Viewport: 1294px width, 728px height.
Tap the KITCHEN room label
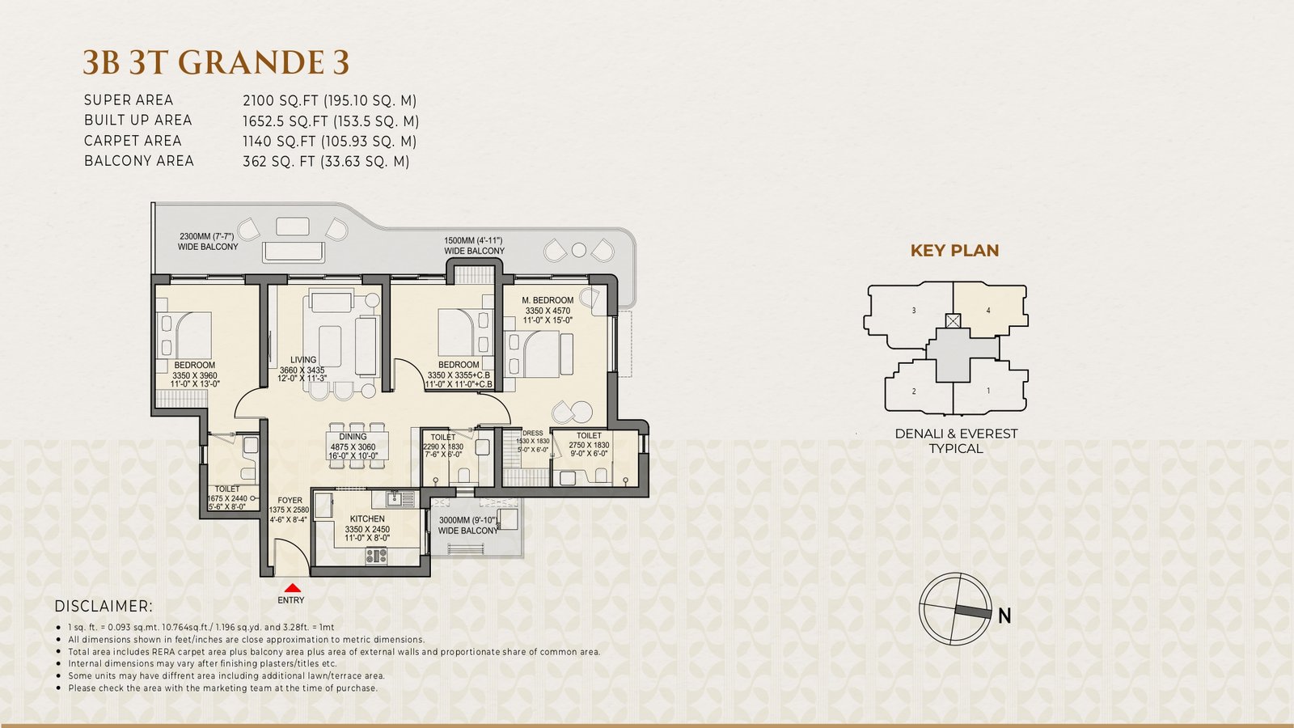[367, 518]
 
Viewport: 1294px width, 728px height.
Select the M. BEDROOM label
[548, 300]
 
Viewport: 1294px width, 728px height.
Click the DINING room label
[353, 437]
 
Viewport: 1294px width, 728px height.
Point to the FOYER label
[290, 501]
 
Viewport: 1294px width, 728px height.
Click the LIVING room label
[303, 359]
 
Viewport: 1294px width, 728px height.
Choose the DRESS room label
[533, 434]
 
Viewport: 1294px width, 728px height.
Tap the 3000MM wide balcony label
[468, 525]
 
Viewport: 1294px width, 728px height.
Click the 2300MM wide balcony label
[208, 242]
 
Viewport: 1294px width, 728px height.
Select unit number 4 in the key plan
[988, 311]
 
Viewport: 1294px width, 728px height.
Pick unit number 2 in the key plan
[914, 392]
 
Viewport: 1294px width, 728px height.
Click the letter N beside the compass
[1004, 616]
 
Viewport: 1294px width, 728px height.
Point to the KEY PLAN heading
[955, 251]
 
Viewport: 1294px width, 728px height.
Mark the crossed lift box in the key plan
[953, 320]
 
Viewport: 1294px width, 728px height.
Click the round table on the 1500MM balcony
[579, 250]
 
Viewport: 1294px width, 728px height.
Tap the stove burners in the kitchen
[376, 556]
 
